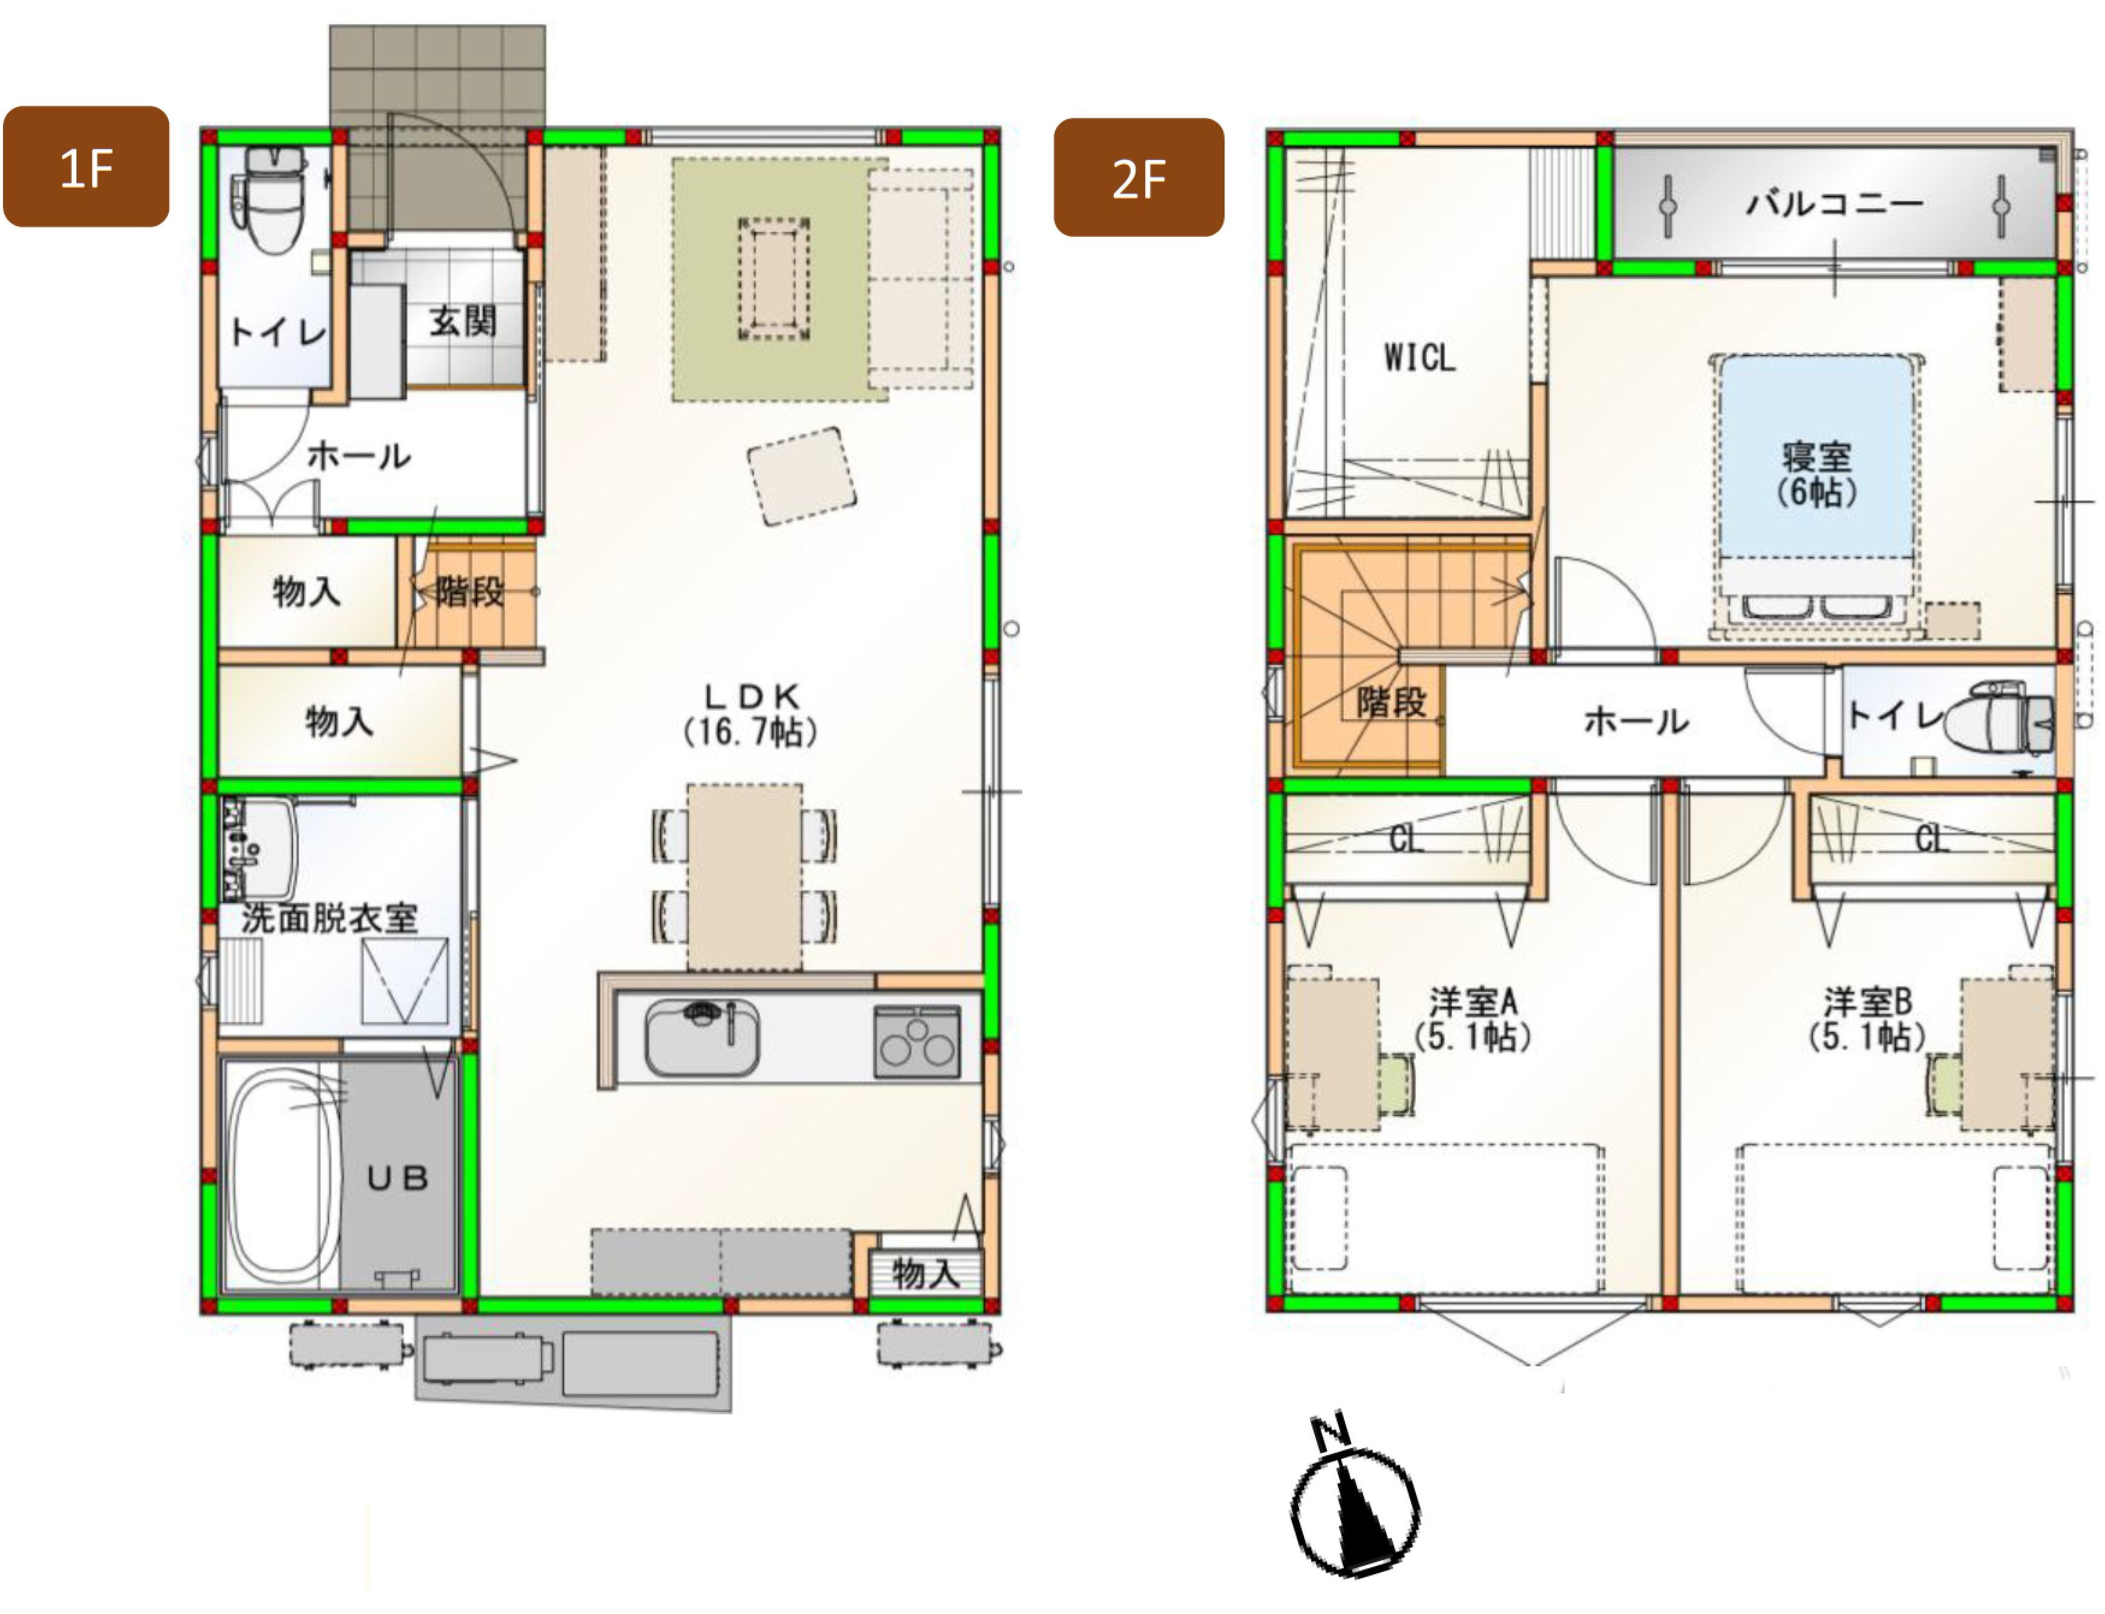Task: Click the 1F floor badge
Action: click(87, 166)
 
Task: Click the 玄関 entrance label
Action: click(463, 321)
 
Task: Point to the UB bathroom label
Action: click(397, 1178)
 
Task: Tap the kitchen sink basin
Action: click(702, 1037)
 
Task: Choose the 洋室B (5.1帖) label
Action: click(1867, 1019)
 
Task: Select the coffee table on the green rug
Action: click(774, 278)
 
